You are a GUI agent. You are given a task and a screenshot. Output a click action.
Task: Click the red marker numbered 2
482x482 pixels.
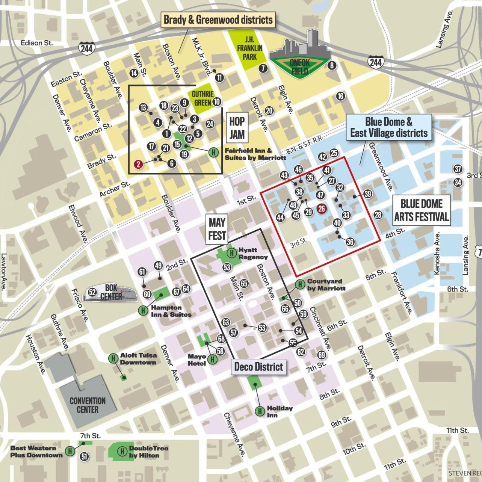point(139,164)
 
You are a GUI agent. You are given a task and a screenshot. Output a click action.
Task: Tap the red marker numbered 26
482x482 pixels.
point(322,209)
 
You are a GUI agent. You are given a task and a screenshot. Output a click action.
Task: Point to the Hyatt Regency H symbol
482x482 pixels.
point(232,253)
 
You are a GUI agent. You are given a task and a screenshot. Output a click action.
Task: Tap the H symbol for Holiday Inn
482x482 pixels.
point(260,411)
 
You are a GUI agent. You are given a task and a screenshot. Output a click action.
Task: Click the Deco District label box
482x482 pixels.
point(258,366)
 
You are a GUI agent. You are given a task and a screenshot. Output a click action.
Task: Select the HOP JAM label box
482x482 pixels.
point(237,128)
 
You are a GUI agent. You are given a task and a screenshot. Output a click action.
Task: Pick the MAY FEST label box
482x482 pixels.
point(217,229)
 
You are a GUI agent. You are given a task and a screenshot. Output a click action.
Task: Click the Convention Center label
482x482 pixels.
point(88,405)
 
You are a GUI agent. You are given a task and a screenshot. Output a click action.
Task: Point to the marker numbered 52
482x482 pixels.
point(92,292)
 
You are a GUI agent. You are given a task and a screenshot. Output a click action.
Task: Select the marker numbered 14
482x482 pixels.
point(134,73)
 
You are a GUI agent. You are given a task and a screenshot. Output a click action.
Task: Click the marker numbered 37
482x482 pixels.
point(458,169)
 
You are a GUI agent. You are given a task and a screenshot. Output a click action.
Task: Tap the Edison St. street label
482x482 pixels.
point(36,43)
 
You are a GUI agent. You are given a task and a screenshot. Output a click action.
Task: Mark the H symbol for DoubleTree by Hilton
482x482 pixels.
point(122,451)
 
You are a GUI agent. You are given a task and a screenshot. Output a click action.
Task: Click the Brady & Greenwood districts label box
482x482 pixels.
point(218,20)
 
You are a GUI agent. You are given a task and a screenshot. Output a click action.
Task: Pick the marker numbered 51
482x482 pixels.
point(85,456)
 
